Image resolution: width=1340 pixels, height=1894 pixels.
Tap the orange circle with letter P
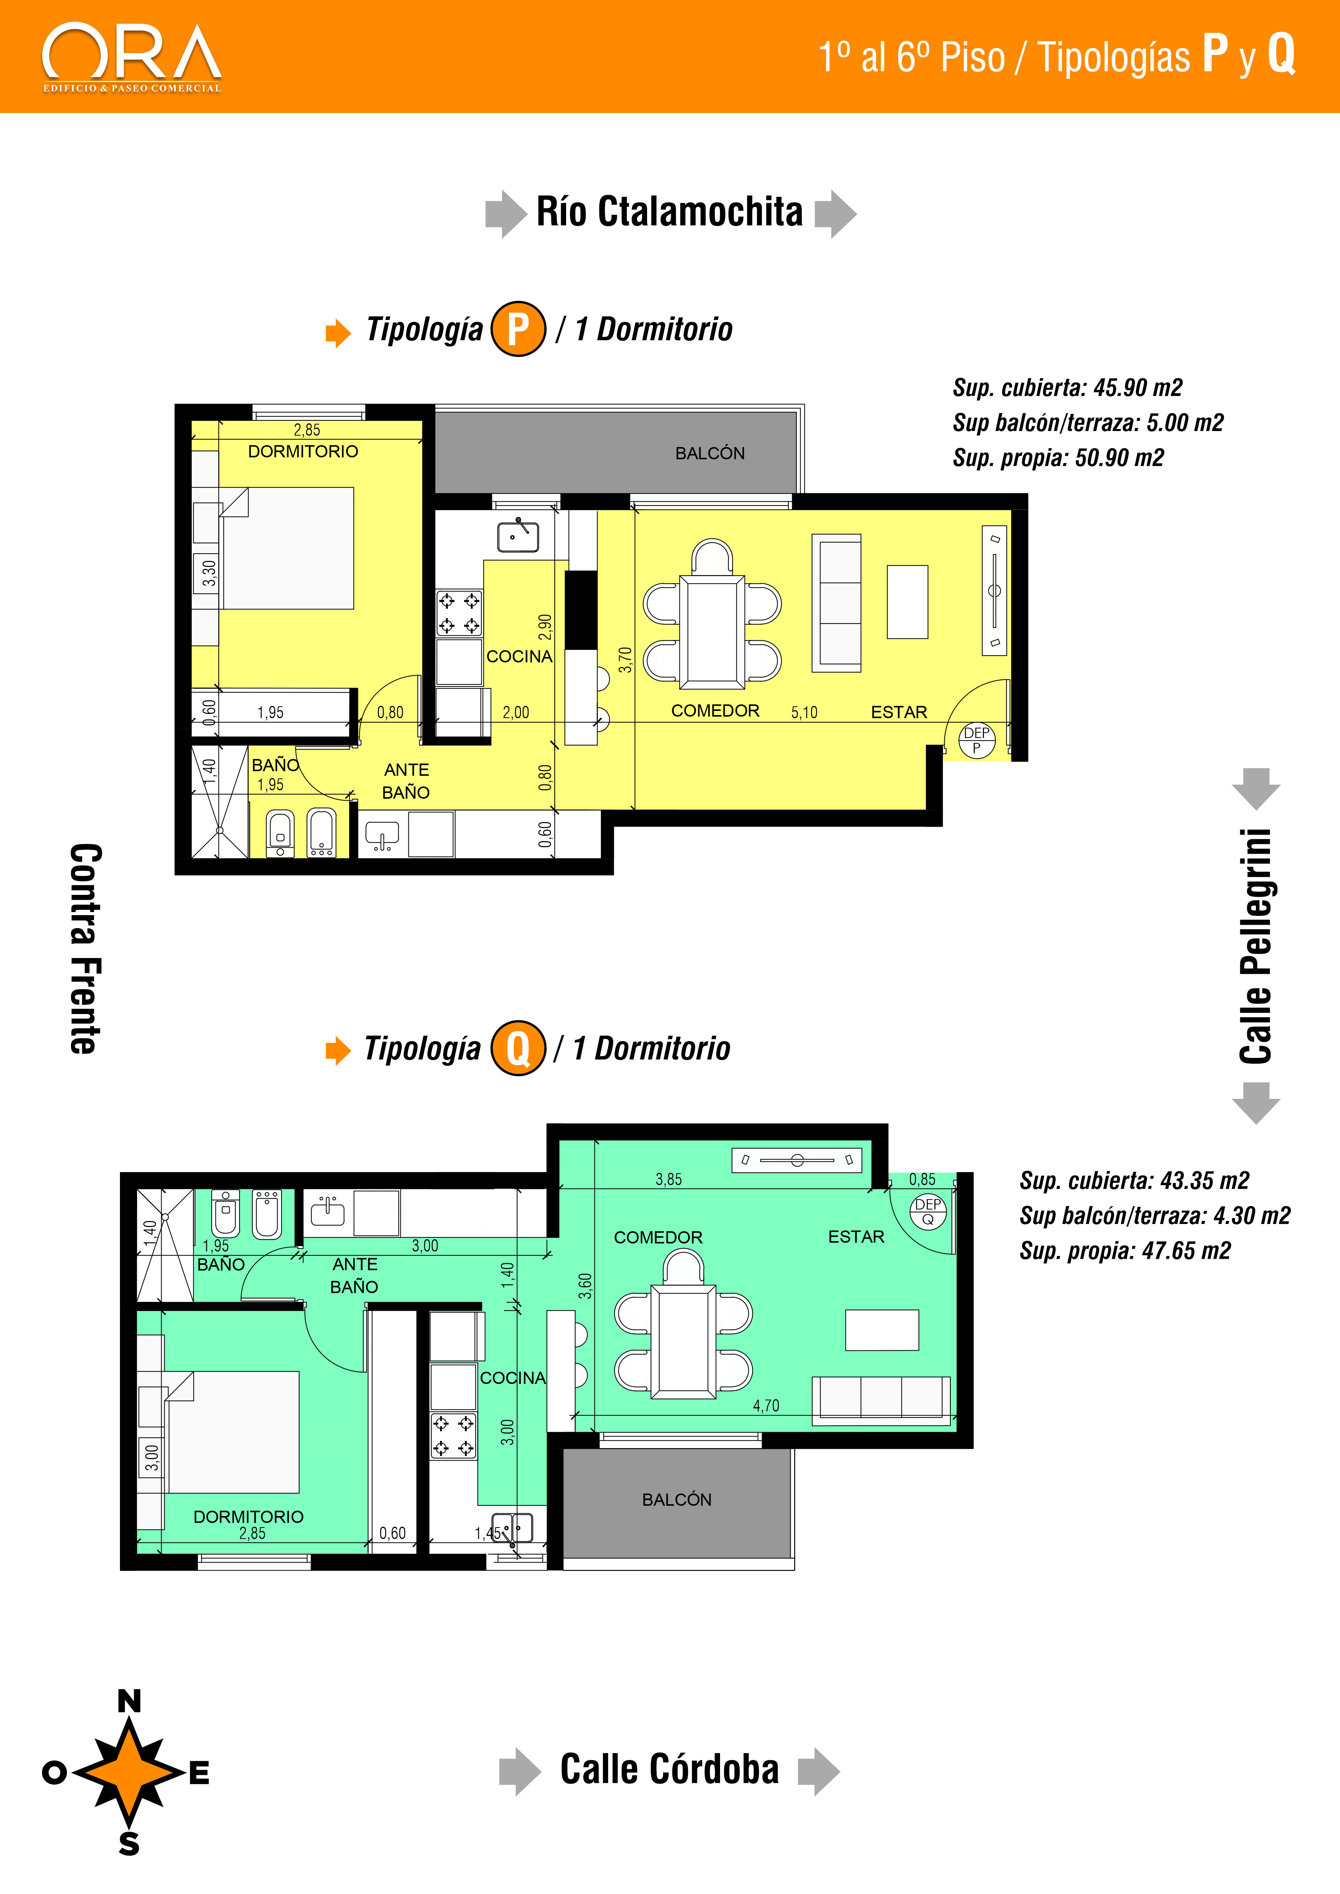click(518, 329)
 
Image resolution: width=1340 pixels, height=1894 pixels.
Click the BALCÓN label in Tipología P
click(710, 453)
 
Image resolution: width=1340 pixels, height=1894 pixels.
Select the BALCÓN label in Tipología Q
click(676, 1500)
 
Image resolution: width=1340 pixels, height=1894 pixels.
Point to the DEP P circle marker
click(977, 739)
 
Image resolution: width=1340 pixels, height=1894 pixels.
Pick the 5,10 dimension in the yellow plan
click(804, 713)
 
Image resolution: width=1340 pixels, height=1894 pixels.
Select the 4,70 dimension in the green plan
click(766, 1406)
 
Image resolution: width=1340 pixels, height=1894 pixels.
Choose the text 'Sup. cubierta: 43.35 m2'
click(1134, 1180)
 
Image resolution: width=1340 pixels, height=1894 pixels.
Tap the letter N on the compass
click(129, 1701)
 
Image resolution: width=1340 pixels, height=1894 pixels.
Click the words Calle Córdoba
click(669, 1770)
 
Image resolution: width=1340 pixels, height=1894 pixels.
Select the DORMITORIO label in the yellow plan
click(303, 451)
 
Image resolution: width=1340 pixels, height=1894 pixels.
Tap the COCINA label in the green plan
click(512, 1377)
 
